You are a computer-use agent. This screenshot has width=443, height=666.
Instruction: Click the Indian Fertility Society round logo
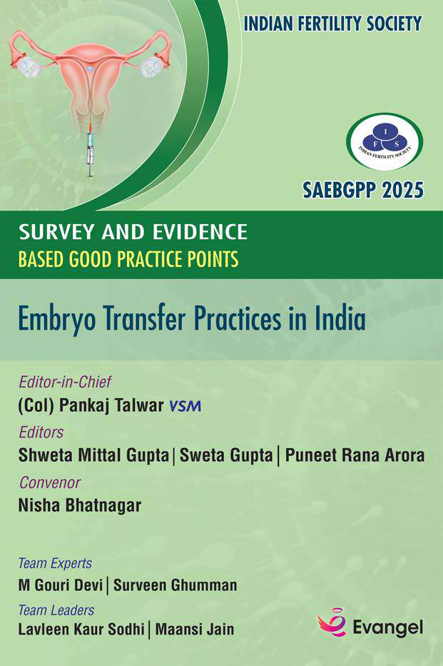click(385, 142)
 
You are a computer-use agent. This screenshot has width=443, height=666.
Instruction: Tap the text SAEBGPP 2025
click(363, 190)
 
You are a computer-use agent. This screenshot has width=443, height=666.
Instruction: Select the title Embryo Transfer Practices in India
click(192, 319)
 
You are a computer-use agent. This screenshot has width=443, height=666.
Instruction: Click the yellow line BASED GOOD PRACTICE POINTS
click(128, 259)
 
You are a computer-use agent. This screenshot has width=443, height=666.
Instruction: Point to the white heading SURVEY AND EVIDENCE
click(133, 232)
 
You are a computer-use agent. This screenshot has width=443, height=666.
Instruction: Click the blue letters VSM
click(185, 406)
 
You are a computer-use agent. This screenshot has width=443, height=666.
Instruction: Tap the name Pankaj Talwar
click(111, 405)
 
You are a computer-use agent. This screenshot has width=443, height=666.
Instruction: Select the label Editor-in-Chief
click(65, 382)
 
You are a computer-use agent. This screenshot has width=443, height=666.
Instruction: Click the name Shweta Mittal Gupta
click(93, 455)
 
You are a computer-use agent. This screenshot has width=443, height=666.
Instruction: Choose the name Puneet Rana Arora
click(355, 455)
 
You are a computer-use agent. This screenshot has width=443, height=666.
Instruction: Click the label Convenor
click(50, 483)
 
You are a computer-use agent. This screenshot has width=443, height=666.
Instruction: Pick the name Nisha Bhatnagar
click(80, 505)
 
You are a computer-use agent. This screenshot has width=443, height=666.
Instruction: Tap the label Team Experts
click(55, 564)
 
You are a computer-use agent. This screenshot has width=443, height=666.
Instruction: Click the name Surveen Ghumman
click(175, 585)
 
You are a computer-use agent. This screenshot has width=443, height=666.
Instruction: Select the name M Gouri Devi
click(61, 585)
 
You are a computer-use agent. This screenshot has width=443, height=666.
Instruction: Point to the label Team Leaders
click(56, 610)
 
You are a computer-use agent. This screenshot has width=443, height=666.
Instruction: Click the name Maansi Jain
click(195, 630)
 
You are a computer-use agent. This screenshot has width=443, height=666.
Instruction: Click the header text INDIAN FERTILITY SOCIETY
click(332, 24)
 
